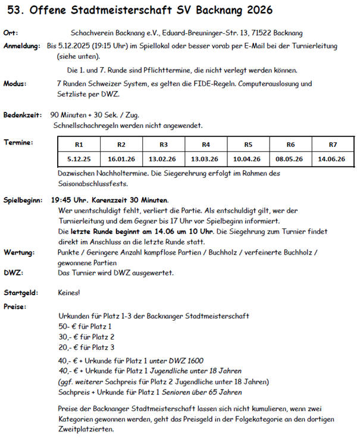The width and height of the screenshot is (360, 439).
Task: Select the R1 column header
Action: coord(79,145)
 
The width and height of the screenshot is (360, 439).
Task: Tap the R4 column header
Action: coord(206,145)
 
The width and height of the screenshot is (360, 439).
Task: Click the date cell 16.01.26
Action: coord(121,159)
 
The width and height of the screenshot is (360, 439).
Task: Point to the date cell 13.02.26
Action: coord(164,159)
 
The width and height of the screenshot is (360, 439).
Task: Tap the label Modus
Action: coord(15,84)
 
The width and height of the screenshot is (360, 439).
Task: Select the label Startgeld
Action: coord(20,293)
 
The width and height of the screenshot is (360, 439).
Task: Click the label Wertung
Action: coord(18,252)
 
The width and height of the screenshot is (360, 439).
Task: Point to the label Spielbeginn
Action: coord(24,200)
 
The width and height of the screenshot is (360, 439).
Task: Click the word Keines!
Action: coord(70,293)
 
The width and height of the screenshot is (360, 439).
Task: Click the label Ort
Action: coord(10,33)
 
